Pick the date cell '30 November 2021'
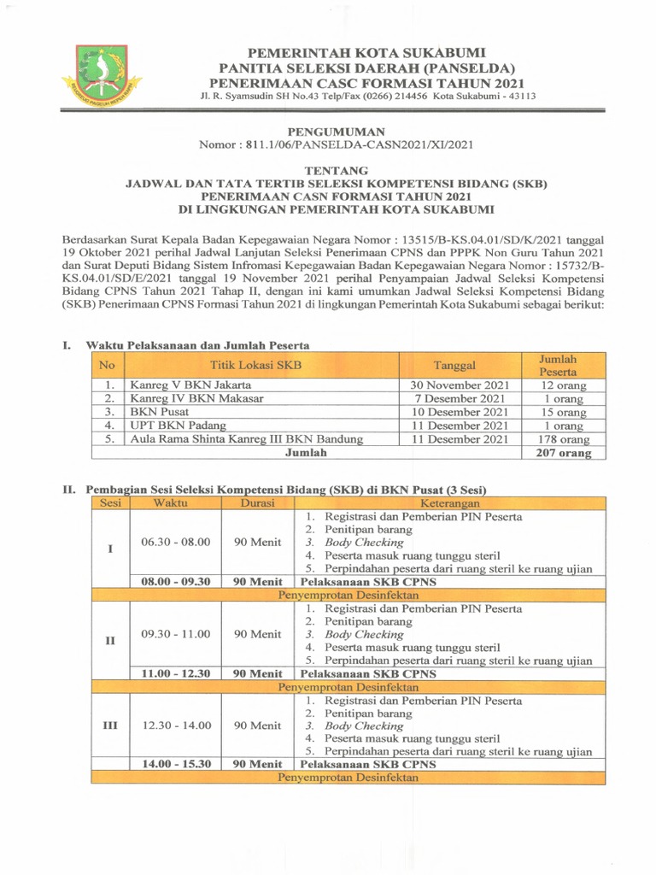460,385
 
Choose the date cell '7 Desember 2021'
460,398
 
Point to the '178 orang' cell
563,439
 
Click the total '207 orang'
563,453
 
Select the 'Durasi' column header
257,503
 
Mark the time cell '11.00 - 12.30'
175,673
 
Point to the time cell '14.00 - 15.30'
175,764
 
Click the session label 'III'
109,725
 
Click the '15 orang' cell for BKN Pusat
563,412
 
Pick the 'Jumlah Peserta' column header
563,366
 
